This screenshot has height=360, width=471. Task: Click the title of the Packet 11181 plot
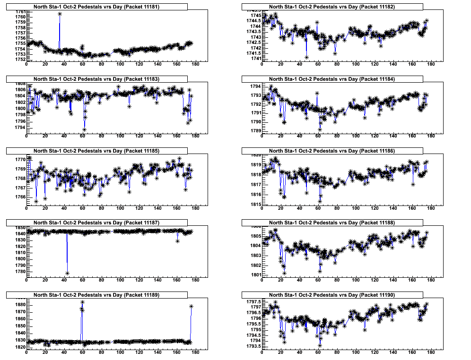[x=97, y=7]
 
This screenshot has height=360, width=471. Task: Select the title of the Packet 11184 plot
[x=332, y=79]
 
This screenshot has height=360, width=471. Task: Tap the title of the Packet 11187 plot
[x=97, y=223]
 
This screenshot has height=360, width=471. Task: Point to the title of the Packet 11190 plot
[x=332, y=295]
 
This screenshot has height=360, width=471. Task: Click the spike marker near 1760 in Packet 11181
[x=60, y=14]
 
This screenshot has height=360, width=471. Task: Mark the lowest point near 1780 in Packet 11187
[x=68, y=273]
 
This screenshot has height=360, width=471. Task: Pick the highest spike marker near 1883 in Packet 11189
[x=82, y=302]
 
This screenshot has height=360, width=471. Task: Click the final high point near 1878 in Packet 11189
[x=192, y=306]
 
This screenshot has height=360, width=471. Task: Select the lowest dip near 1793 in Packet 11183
[x=84, y=129]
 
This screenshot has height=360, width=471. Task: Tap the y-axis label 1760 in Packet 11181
[x=19, y=17]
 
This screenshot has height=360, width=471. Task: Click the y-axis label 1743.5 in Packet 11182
[x=252, y=32]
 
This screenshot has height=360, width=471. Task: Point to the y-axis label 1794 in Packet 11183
[x=19, y=127]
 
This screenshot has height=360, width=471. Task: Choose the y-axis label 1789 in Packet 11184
[x=254, y=131]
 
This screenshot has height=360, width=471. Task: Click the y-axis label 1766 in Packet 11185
[x=19, y=197]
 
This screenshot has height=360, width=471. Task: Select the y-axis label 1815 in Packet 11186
[x=254, y=204]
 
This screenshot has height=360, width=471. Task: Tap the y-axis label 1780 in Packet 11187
[x=19, y=271]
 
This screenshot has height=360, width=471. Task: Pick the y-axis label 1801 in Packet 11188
[x=254, y=274]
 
